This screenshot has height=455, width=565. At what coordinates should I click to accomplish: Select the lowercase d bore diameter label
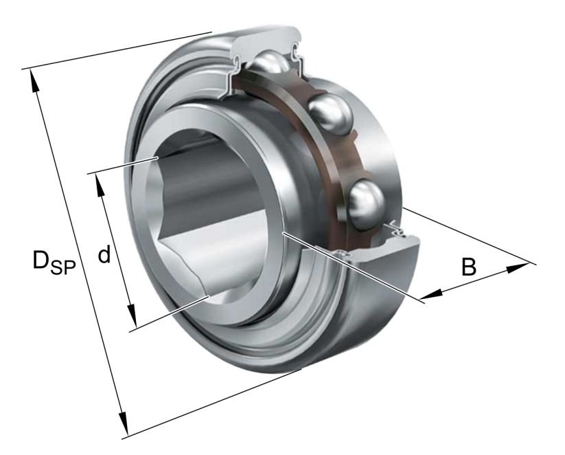click(x=104, y=256)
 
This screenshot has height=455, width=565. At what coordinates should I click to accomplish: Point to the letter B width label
click(x=468, y=267)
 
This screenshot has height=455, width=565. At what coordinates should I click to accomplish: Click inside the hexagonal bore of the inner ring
click(x=206, y=206)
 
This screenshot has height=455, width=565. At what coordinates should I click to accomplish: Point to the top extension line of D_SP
click(x=117, y=50)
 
